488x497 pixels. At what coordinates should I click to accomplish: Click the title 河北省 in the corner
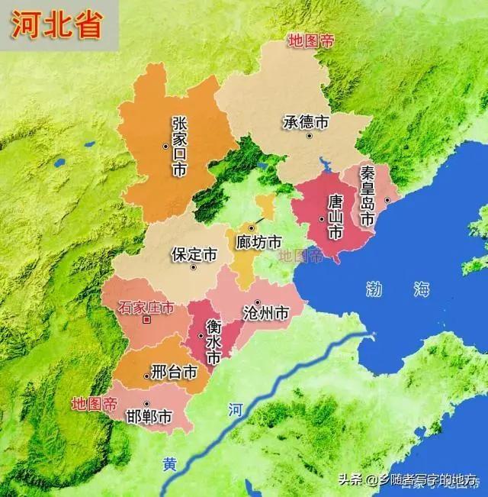point(55,24)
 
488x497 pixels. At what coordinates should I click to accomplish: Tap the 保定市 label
point(194,253)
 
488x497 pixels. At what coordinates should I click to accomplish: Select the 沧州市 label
point(265,314)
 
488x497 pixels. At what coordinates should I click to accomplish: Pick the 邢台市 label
point(174,373)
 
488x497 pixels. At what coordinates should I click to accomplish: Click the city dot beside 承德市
point(310,136)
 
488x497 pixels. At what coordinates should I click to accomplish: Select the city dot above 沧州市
point(258,302)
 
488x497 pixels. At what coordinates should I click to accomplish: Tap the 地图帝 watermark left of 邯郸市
point(94,402)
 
